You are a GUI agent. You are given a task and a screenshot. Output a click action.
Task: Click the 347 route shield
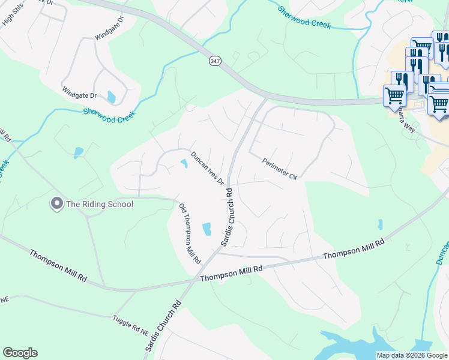tap(215, 61)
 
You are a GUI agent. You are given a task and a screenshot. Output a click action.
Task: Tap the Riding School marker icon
tap(57, 204)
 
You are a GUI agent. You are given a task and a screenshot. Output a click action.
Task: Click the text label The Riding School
tap(99, 204)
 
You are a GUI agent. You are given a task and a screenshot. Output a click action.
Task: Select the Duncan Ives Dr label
tap(207, 168)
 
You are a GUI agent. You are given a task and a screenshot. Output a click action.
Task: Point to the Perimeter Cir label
tap(280, 169)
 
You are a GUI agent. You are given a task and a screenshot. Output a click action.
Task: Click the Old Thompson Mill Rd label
tap(190, 234)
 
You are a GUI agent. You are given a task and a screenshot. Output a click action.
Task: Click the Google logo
tap(20, 353)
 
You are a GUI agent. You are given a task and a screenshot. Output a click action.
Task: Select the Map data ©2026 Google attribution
tap(411, 355)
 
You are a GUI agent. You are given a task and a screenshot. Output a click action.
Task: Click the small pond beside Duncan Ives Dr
tap(183, 163)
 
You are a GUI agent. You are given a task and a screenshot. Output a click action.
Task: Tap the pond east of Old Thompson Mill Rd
tap(207, 229)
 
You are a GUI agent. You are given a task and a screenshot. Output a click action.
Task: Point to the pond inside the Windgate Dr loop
tap(111, 97)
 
